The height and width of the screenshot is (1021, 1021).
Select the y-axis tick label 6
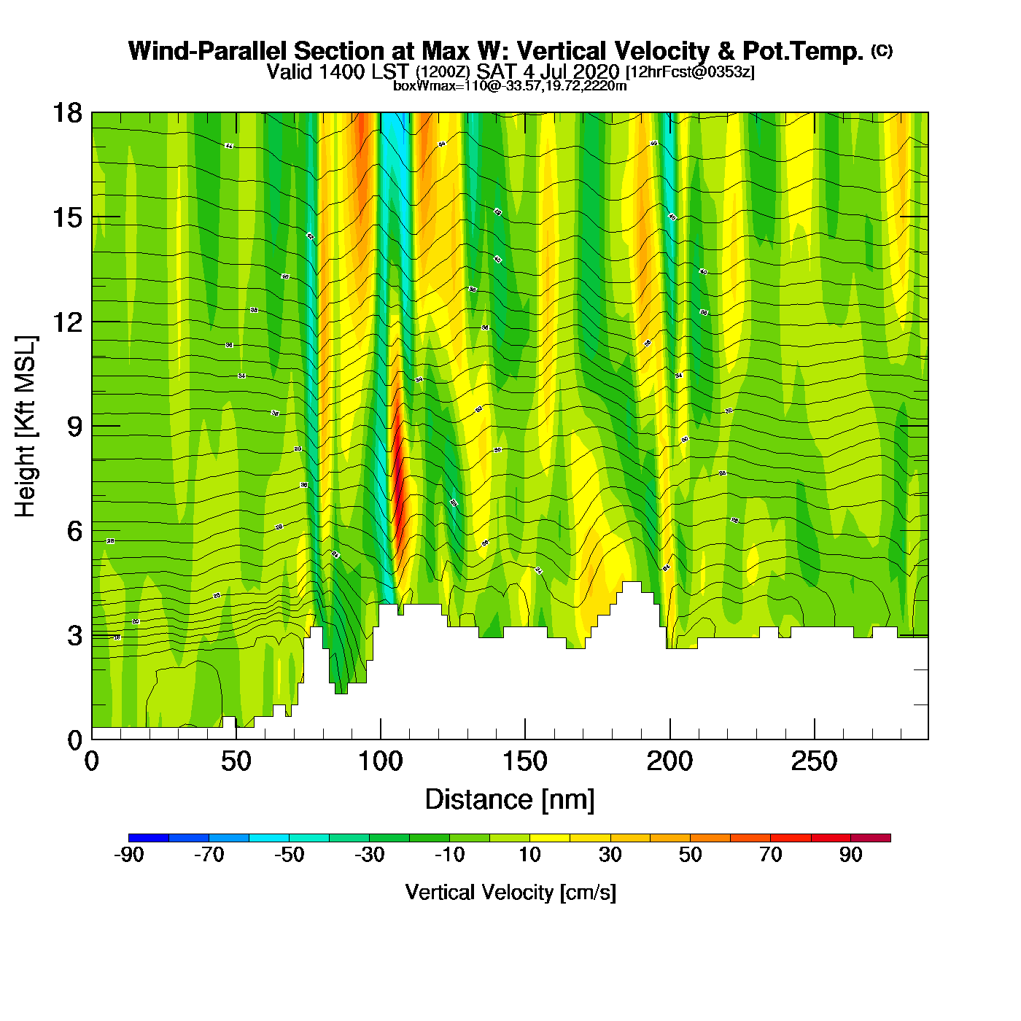coord(74,531)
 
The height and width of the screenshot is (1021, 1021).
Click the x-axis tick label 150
coord(524,762)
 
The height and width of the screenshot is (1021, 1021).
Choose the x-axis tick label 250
coord(814,762)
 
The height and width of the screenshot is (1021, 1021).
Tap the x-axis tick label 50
coord(236,762)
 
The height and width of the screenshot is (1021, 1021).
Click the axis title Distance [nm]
coord(510,800)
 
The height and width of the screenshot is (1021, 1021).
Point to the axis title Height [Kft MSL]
coord(26,427)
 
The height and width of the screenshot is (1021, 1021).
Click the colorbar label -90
coord(129,855)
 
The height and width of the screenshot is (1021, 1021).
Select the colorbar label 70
coord(770,855)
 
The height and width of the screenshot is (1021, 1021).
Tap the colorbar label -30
coord(369,855)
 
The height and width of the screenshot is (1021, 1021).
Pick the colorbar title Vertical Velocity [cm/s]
coord(510,893)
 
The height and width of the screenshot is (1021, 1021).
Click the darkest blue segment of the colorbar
coord(149,838)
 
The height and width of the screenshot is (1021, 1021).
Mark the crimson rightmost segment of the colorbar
coord(870,838)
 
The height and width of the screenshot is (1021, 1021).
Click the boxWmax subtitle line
coord(510,86)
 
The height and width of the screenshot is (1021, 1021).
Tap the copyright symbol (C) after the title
coord(882,50)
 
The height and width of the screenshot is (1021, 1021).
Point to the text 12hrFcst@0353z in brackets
coord(690,72)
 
